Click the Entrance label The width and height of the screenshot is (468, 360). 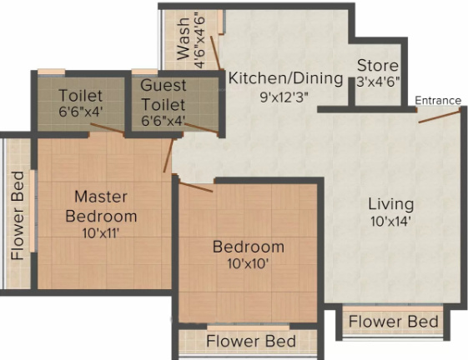click(x=438, y=101)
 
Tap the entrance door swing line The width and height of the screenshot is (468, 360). click(x=438, y=116)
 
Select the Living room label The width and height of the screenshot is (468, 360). click(x=391, y=204)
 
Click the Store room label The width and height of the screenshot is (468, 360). click(x=377, y=66)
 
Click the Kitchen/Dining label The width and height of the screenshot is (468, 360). click(x=286, y=78)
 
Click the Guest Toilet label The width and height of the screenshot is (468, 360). click(x=164, y=93)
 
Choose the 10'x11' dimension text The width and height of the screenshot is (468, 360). click(x=101, y=232)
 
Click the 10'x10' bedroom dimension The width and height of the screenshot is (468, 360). click(x=248, y=264)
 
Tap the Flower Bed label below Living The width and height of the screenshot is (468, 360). click(x=394, y=322)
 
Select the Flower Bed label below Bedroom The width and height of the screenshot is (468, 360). click(x=250, y=342)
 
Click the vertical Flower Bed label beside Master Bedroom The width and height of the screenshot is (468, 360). click(x=18, y=216)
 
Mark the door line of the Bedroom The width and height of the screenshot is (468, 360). click(x=197, y=186)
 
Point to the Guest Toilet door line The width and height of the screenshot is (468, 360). click(x=202, y=127)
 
